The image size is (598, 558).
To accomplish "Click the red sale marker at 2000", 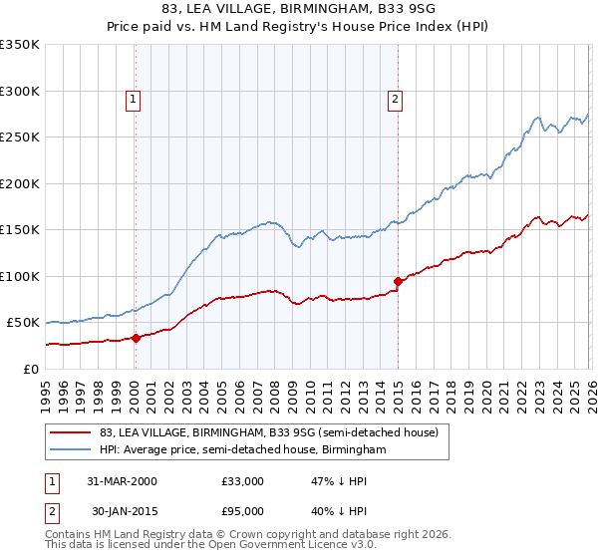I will [136, 338].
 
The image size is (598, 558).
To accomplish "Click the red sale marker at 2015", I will [398, 281].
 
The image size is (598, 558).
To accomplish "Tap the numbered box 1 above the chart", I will [133, 99].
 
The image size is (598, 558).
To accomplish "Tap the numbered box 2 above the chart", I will [396, 99].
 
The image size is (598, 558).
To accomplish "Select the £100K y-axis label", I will [20, 276].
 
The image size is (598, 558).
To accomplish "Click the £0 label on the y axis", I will [29, 369].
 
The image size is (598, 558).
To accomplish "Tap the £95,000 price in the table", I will [243, 511].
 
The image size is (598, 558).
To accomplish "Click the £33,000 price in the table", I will [243, 481].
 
